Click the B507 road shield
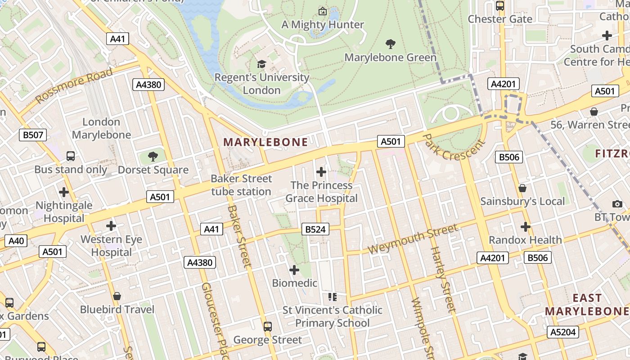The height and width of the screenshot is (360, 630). (33, 135)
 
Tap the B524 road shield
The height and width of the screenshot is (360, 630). (315, 229)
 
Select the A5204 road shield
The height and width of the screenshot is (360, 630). (562, 333)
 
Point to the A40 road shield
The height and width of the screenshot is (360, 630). (16, 241)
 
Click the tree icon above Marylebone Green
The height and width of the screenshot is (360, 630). (391, 44)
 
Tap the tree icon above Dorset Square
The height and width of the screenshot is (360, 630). (153, 156)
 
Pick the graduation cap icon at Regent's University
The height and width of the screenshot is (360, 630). (261, 64)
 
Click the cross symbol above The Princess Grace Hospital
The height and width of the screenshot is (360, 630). (321, 171)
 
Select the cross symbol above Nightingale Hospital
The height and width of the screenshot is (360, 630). (64, 192)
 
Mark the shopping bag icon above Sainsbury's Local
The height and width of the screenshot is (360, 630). (522, 188)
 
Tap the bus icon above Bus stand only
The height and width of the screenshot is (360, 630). (71, 156)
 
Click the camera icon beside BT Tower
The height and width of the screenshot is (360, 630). (617, 204)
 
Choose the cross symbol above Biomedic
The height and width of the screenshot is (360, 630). (294, 270)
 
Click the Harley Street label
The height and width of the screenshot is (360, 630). (443, 279)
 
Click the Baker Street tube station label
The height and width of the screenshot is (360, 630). (241, 185)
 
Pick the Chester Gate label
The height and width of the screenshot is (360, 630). (500, 19)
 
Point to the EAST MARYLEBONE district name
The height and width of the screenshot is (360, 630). (587, 304)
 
